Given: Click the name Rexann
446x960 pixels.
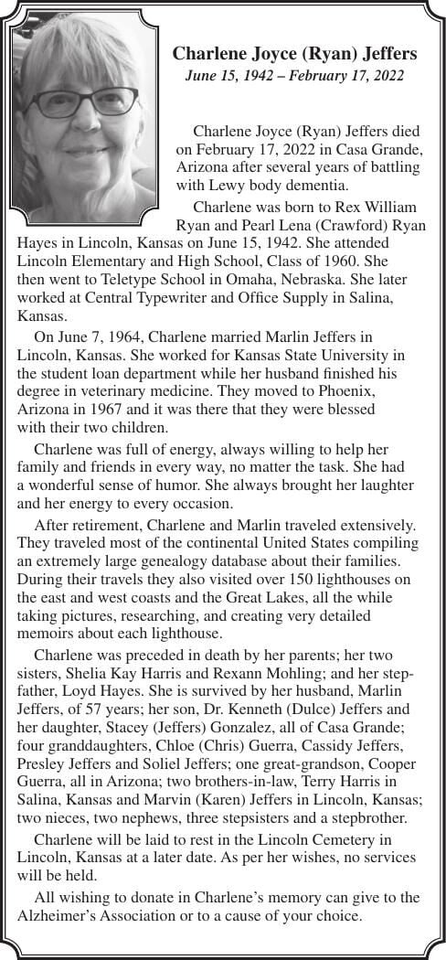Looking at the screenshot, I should (259, 675).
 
